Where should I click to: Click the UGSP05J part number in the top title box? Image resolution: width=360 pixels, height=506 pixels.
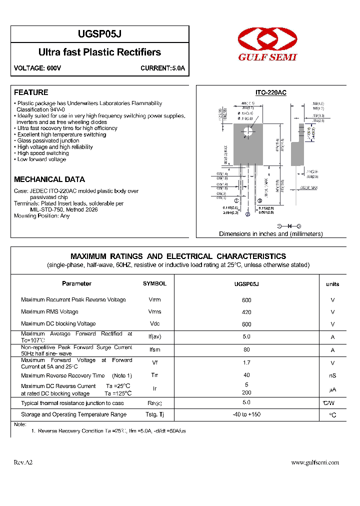(x=100, y=34)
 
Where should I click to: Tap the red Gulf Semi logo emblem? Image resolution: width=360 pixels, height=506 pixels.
(x=267, y=39)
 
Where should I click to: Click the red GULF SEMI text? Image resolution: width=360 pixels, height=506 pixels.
(x=267, y=57)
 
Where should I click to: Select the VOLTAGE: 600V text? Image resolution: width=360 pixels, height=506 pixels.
(x=37, y=68)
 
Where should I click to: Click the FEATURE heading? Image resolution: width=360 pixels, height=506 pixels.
(x=31, y=92)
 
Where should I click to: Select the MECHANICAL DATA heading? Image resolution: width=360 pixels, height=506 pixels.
(x=49, y=179)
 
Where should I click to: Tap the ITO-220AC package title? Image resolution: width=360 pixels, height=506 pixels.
(x=270, y=93)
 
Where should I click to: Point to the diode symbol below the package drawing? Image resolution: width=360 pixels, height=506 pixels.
(x=289, y=226)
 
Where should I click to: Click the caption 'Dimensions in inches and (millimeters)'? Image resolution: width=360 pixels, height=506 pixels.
(x=270, y=234)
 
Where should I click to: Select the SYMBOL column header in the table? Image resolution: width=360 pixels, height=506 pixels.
(x=154, y=283)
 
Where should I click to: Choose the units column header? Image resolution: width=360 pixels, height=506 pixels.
(x=332, y=284)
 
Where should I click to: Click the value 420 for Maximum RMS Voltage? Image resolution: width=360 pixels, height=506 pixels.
(x=246, y=312)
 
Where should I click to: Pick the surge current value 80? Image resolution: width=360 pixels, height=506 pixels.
(x=246, y=350)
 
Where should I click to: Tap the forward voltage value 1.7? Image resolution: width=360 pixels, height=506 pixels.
(x=246, y=363)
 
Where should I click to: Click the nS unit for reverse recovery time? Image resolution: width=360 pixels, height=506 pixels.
(x=332, y=376)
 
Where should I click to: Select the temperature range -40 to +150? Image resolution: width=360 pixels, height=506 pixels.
(x=246, y=414)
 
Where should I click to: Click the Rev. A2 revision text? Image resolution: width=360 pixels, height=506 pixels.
(x=23, y=462)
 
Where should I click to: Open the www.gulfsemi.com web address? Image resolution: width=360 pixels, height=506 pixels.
(x=315, y=462)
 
